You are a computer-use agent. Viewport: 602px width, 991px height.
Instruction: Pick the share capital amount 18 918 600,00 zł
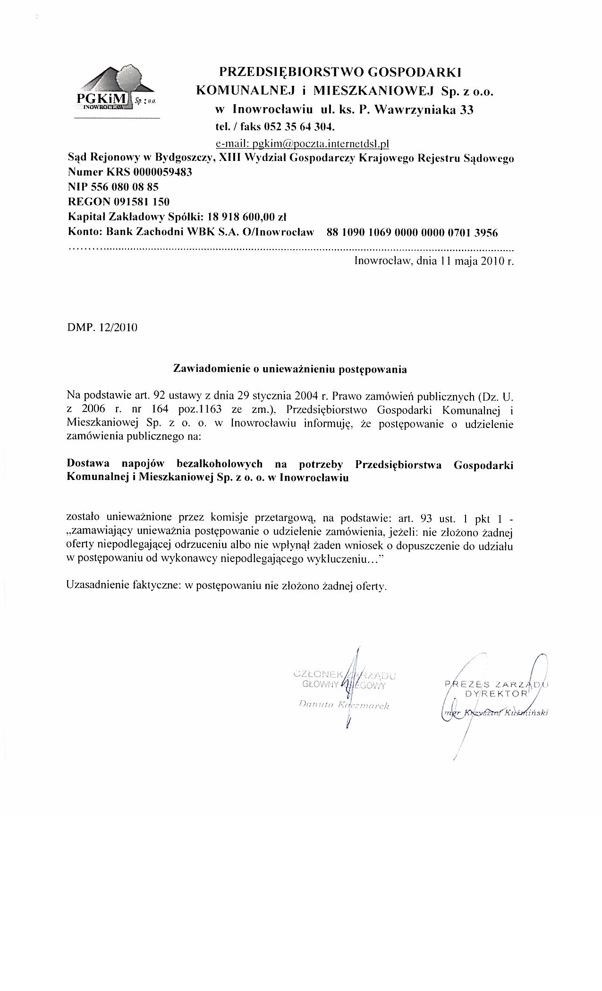pyautogui.click(x=251, y=217)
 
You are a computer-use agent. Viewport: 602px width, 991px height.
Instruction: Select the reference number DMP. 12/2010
pyautogui.click(x=102, y=327)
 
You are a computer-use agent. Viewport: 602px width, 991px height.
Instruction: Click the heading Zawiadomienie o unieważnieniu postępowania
pyautogui.click(x=290, y=370)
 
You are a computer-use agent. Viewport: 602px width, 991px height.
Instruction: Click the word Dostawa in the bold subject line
pyautogui.click(x=87, y=464)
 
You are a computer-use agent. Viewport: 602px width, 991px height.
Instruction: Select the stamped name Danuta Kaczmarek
pyautogui.click(x=344, y=705)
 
